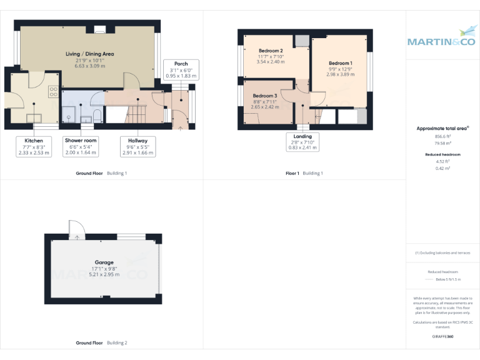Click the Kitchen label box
[x=34, y=146]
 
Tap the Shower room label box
[x=81, y=146]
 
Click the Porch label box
[x=181, y=69]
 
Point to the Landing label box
[x=302, y=142]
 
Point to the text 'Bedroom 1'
[x=341, y=63]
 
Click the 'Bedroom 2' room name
[x=271, y=51]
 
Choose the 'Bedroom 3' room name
[x=265, y=96]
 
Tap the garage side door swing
[x=74, y=229]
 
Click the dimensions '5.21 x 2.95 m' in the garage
[x=104, y=274]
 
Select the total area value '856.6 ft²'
[x=442, y=136]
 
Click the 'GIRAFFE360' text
[x=442, y=337]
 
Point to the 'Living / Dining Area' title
[x=90, y=54]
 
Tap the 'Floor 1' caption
[x=292, y=173]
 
